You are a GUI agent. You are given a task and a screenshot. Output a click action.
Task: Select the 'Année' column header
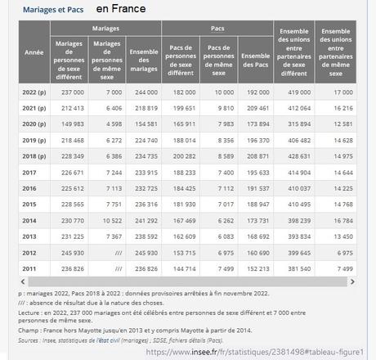tap(34, 52)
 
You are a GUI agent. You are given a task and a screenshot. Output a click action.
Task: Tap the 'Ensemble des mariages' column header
tap(145, 58)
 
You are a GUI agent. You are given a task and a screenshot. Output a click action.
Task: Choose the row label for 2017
tap(30, 173)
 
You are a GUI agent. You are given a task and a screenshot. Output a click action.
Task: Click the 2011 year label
tap(30, 268)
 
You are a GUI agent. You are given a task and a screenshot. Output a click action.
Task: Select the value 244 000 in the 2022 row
tap(145, 93)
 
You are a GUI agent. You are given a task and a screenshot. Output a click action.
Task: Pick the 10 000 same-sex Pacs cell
tap(223, 93)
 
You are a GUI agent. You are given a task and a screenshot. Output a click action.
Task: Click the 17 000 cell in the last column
tap(343, 93)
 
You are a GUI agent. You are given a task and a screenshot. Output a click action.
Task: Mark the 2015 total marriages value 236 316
tap(145, 204)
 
